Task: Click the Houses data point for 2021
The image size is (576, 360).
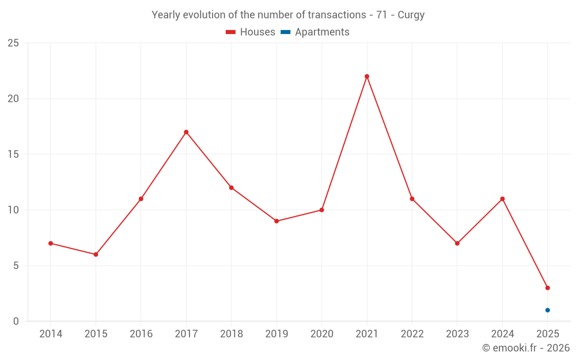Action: [367, 77]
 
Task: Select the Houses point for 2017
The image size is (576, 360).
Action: [186, 132]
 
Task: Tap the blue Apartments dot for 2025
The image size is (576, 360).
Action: [548, 310]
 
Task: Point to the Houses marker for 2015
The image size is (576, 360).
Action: [96, 255]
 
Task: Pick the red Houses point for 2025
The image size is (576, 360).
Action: [548, 288]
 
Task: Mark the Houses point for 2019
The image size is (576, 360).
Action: [276, 221]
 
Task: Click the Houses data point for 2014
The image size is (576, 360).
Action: [51, 244]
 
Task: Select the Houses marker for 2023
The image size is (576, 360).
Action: [457, 244]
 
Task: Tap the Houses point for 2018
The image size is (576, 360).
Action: [232, 188]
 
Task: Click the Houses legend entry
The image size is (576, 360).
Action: [251, 32]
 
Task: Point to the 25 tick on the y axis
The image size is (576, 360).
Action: [13, 43]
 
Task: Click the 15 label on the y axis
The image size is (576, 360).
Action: [13, 154]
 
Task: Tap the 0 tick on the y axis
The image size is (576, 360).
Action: [16, 321]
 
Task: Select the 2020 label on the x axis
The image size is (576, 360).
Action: [322, 334]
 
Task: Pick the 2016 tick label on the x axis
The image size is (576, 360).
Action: [141, 334]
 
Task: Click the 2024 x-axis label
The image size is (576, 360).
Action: [502, 334]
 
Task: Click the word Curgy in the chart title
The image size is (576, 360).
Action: [411, 15]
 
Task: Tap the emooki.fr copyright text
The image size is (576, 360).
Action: [526, 348]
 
